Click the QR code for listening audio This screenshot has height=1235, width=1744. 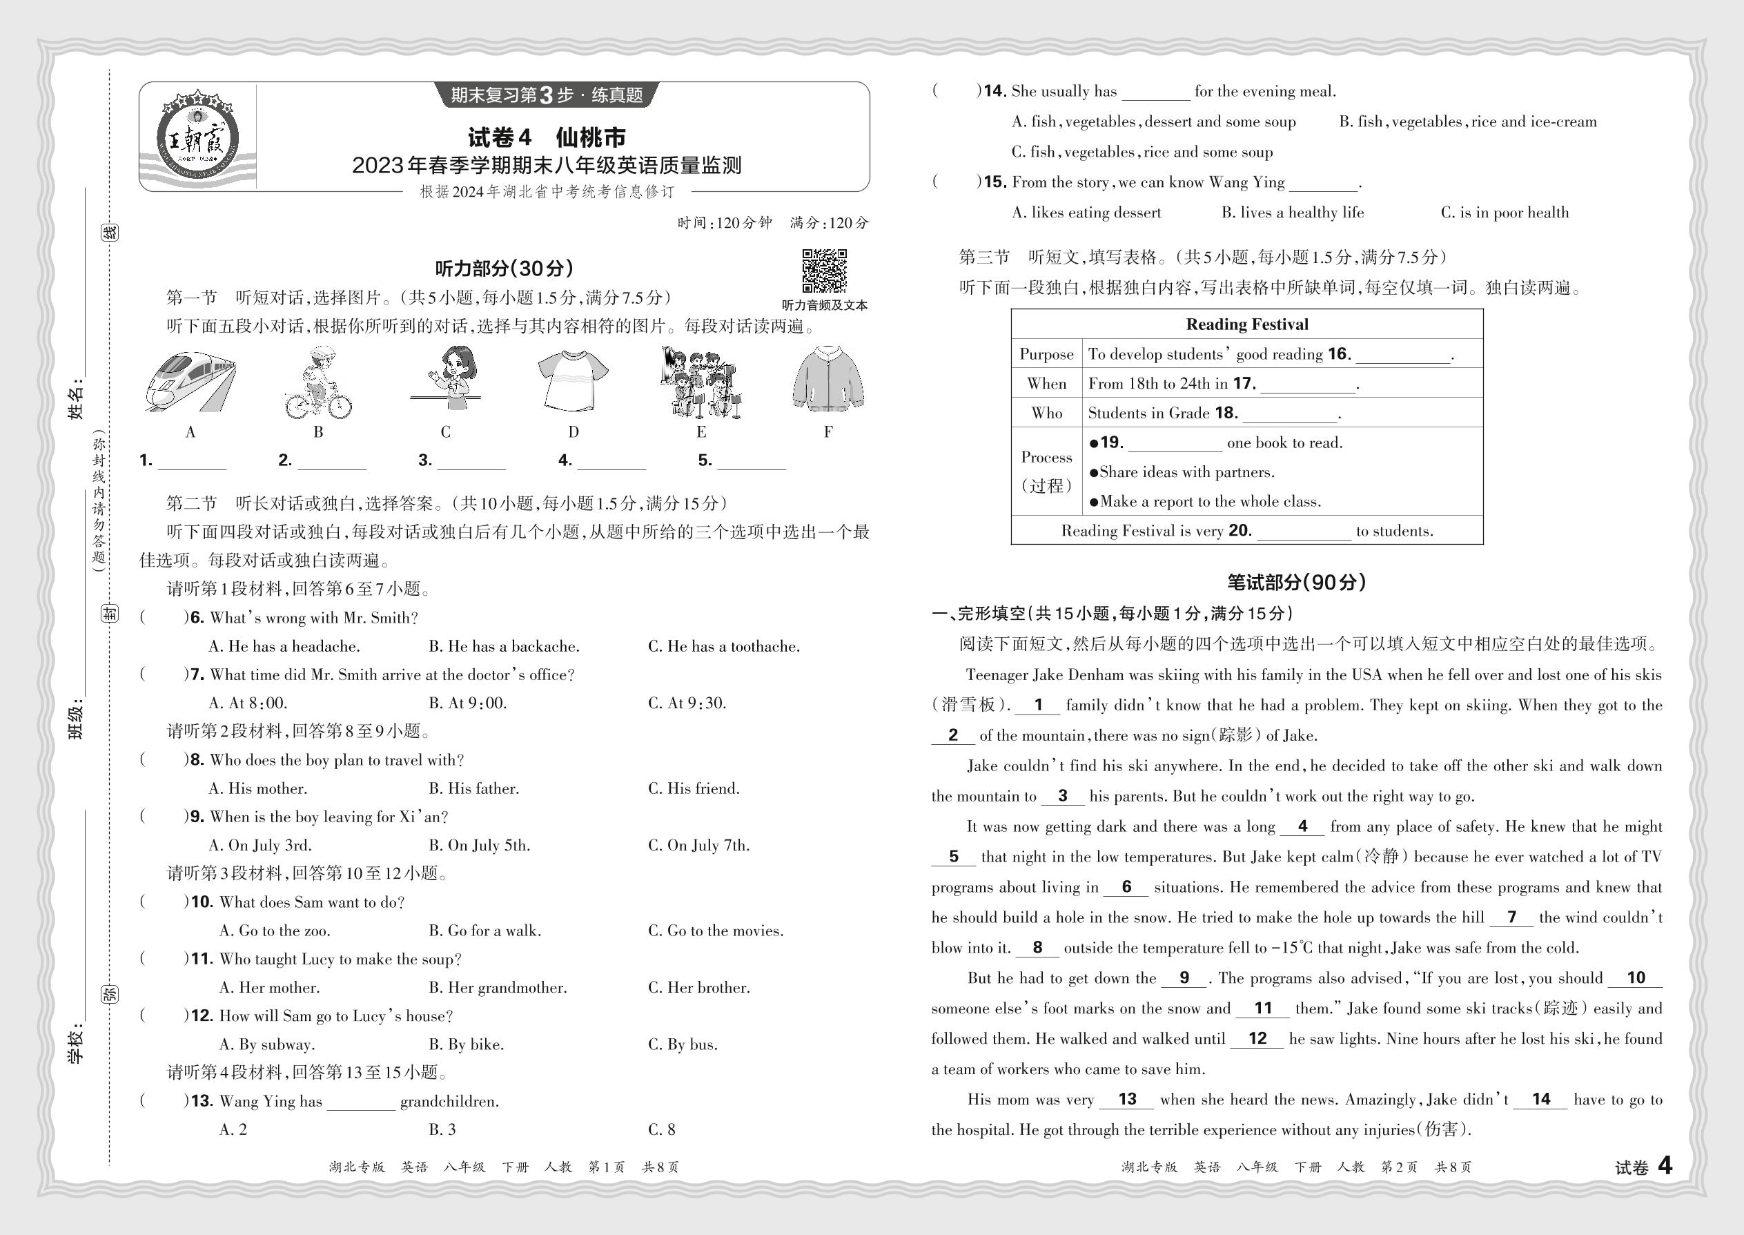[824, 271]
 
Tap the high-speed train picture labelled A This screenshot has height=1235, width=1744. [190, 382]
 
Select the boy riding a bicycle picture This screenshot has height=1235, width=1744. [317, 382]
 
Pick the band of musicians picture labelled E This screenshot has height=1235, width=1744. [700, 382]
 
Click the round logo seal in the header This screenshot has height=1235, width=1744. [197, 138]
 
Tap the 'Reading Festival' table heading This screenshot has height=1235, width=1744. [1247, 324]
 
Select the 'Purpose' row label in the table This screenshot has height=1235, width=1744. [1046, 354]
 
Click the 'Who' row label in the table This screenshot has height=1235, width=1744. [1046, 413]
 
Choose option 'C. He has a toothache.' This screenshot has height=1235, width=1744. [724, 646]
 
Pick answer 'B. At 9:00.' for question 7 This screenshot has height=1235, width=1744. [467, 703]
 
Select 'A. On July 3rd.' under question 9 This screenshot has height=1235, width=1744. [260, 846]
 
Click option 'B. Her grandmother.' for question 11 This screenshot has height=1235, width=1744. [498, 988]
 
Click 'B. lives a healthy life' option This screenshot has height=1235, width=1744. [1293, 213]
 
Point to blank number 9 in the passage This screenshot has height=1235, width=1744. [1184, 979]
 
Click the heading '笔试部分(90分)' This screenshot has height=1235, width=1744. [1297, 583]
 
